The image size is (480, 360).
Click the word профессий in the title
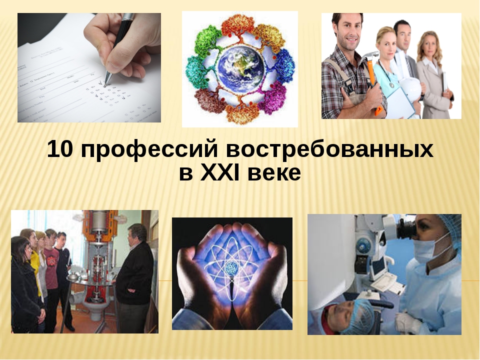tap(149, 149)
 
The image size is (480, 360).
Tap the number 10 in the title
tap(60, 149)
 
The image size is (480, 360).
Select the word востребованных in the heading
tap(329, 149)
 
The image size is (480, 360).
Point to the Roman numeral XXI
tap(219, 173)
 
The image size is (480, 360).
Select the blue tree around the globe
tap(284, 65)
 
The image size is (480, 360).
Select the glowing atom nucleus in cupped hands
tap(232, 268)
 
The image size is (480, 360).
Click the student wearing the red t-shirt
tap(51, 263)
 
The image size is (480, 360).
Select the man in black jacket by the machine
tap(134, 275)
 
